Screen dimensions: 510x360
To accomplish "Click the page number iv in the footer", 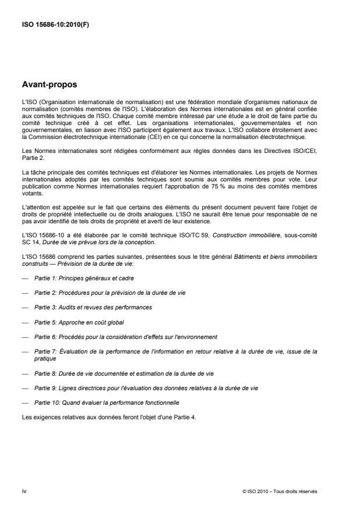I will tap(24, 491).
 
